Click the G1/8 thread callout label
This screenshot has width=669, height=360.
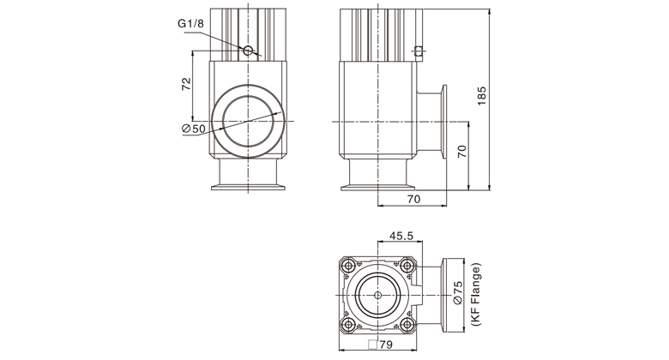pos(190,23)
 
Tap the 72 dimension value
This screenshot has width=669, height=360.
pos(186,84)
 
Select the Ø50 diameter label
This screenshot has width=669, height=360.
pos(193,129)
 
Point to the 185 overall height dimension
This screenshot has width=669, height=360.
pos(482,96)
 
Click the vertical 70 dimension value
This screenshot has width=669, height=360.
pos(462,152)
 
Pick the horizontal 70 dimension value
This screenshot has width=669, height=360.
pos(413,199)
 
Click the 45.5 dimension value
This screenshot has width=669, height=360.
pos(401,236)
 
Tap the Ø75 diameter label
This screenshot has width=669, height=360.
pos(457,292)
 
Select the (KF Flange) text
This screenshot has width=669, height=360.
pos(476,295)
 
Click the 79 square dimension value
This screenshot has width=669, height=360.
pos(386,345)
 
